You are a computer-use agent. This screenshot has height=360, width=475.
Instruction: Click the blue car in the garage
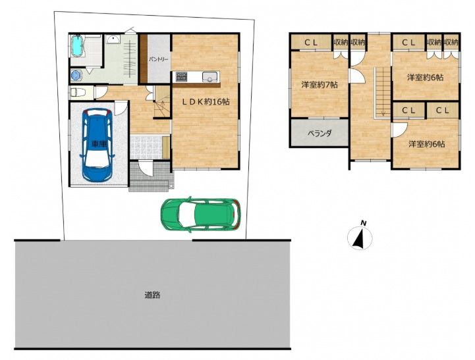[98, 145]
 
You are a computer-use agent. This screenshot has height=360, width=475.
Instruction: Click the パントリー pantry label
[158, 59]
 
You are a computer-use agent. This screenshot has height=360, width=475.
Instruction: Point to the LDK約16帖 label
[206, 102]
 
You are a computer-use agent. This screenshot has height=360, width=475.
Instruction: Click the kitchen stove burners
[182, 76]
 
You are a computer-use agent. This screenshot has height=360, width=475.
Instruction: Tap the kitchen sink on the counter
[210, 76]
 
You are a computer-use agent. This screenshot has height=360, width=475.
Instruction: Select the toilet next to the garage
[77, 92]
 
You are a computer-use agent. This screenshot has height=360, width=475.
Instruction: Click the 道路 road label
[152, 295]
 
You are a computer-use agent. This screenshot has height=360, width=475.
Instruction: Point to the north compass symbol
[360, 236]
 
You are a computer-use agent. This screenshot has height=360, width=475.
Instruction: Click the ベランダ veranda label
[320, 133]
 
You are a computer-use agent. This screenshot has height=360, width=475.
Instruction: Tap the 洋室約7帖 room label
[320, 85]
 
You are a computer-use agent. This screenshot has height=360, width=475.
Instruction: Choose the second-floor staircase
[382, 92]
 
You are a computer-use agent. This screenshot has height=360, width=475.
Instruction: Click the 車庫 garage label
[99, 144]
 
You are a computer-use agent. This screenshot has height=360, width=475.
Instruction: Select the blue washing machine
[76, 75]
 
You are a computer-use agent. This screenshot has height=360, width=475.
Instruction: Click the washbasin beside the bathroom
[113, 39]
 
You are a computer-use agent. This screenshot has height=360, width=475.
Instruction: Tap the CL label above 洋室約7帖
[311, 43]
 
